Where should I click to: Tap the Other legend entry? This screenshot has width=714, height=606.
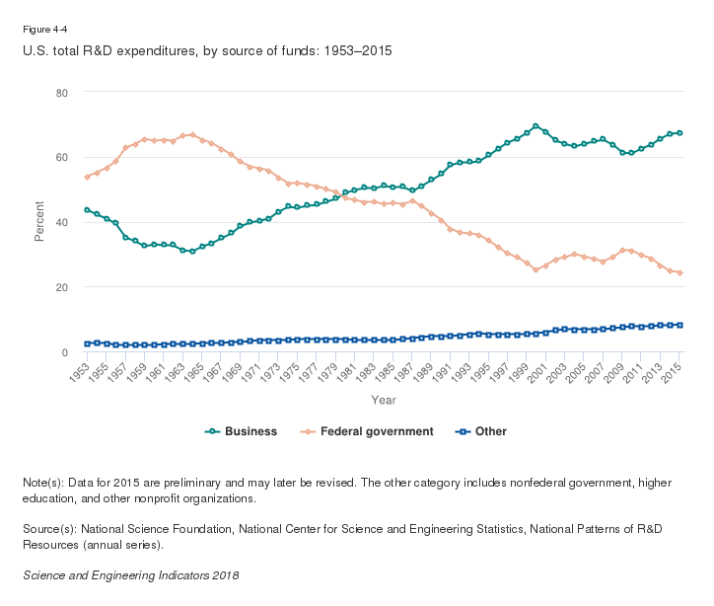pyautogui.click(x=489, y=431)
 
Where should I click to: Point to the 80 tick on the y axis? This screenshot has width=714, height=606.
pyautogui.click(x=61, y=93)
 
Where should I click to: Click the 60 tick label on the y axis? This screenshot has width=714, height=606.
pyautogui.click(x=61, y=157)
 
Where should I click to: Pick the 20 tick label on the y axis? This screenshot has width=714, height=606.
pyautogui.click(x=61, y=287)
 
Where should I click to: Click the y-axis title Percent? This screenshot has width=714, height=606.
pyautogui.click(x=39, y=222)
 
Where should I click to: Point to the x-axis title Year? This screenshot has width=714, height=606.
pyautogui.click(x=384, y=400)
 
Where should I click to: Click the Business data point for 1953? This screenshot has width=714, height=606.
pyautogui.click(x=88, y=210)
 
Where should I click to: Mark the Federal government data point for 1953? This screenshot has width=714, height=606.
pyautogui.click(x=88, y=177)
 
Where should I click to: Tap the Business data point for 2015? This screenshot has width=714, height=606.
pyautogui.click(x=680, y=133)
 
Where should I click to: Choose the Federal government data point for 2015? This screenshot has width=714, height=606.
pyautogui.click(x=680, y=272)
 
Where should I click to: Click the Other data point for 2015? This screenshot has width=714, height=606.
pyautogui.click(x=680, y=325)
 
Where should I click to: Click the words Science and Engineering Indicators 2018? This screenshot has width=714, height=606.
pyautogui.click(x=130, y=574)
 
